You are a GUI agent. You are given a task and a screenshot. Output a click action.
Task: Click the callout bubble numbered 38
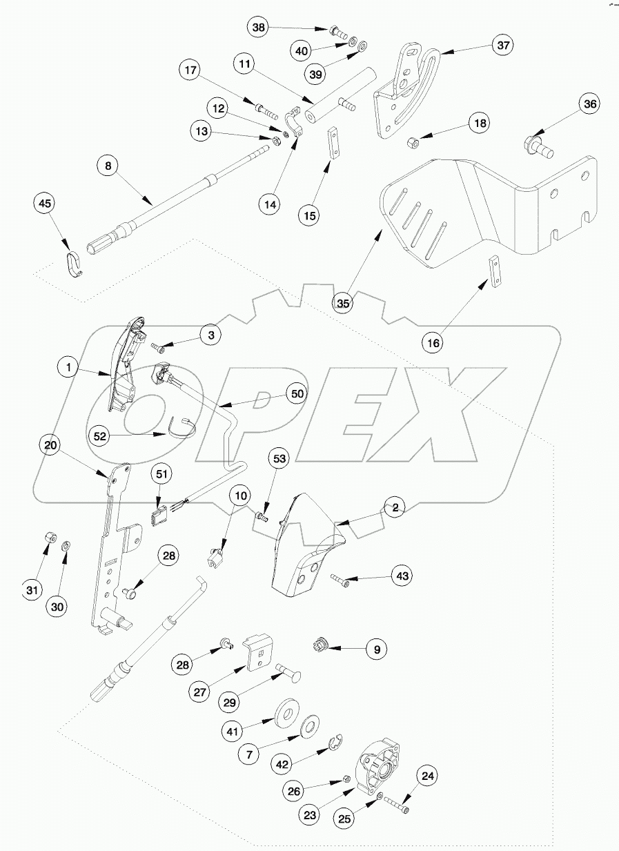pos(258,28)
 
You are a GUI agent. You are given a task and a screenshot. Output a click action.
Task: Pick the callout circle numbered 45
pos(45,204)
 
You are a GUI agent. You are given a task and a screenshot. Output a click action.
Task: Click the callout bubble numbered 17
pos(190,70)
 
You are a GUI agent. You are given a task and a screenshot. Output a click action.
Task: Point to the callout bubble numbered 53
pos(279,460)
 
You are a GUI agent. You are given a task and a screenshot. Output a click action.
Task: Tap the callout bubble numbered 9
pos(377,649)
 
